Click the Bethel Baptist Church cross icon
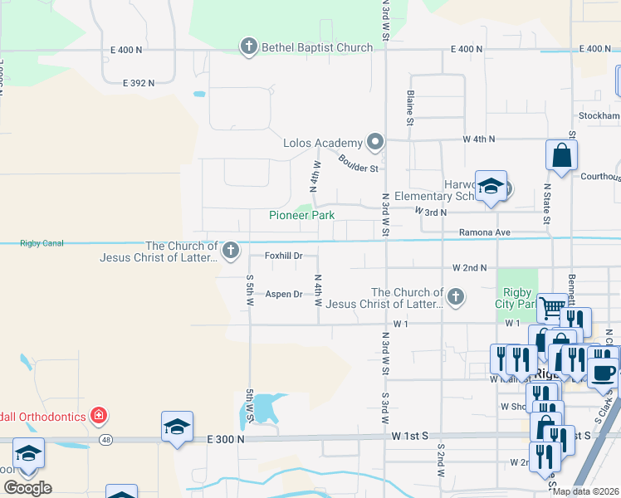point(249,47)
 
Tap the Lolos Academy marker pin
point(375,142)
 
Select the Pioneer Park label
point(301,215)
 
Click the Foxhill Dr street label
point(283,256)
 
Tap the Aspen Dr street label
point(283,294)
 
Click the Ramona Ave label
point(485,233)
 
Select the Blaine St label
point(410,110)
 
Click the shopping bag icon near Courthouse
point(562,155)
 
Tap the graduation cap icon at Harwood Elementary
point(491,186)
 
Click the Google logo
point(27,487)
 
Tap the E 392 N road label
point(139,83)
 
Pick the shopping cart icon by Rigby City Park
point(551,307)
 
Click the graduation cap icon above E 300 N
point(177,427)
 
